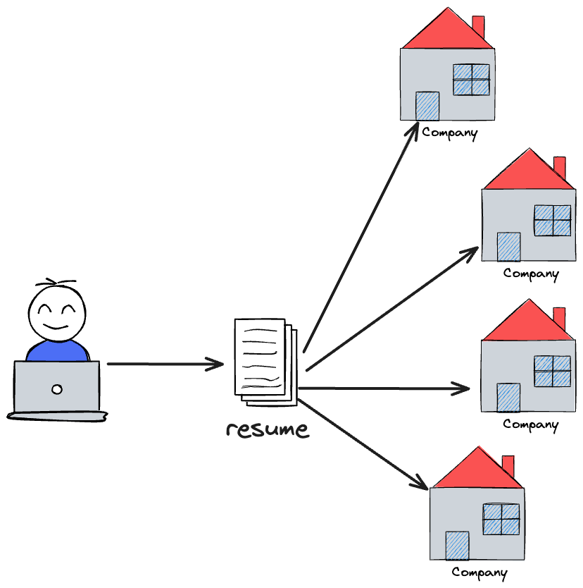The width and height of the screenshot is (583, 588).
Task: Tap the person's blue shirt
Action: pos(57,350)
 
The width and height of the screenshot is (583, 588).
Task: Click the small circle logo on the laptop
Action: pos(57,388)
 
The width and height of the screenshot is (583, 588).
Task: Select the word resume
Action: pos(268,429)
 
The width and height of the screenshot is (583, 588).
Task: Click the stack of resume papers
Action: pos(264,362)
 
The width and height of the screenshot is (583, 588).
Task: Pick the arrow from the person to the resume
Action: pos(165,365)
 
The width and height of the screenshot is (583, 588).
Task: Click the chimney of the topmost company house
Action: pos(478,27)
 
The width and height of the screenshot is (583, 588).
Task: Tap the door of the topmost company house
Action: pos(427,106)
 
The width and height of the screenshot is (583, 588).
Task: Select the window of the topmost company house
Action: pos(471,80)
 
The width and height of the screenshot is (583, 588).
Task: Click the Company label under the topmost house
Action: pos(450,132)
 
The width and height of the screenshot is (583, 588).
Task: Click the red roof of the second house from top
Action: pos(528,173)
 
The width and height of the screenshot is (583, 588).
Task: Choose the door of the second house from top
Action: pos(508,247)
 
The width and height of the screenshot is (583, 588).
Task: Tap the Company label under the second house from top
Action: pos(531,274)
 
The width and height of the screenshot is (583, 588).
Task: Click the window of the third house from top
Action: pos(552,371)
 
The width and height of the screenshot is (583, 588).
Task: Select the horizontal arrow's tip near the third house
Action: pos(465,388)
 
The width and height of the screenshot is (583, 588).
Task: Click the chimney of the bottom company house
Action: pos(508,465)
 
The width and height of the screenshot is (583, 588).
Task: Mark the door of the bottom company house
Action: pos(457,546)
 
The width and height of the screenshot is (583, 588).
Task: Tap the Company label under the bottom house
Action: pos(479,572)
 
